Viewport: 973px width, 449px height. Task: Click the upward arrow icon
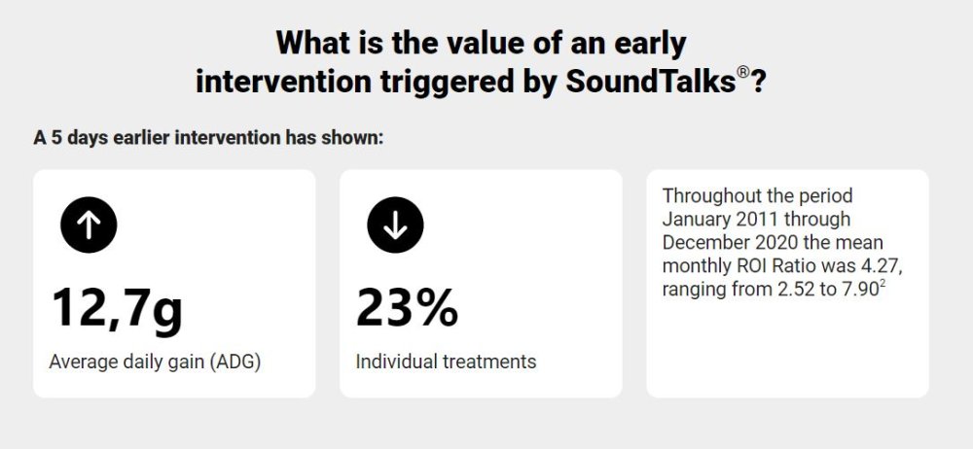click(x=89, y=224)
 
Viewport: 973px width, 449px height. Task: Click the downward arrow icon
click(x=395, y=224)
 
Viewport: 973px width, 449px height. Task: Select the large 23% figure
click(x=407, y=308)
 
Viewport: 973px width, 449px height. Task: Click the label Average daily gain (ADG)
click(x=155, y=363)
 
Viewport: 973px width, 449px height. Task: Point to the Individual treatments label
click(x=446, y=361)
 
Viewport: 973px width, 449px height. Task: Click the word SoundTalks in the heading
click(x=650, y=82)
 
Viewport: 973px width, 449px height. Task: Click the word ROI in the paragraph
click(x=749, y=265)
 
